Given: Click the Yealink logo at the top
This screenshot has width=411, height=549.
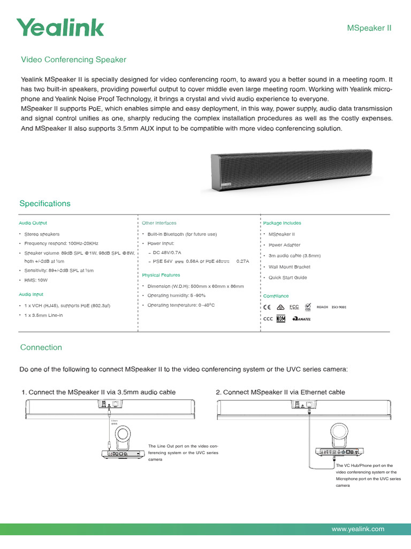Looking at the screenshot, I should (60, 27).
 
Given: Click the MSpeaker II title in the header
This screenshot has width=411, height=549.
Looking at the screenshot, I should (370, 28).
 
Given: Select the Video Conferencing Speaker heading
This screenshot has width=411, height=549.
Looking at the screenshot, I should (73, 60).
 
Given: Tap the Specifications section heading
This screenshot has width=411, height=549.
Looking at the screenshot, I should (45, 204).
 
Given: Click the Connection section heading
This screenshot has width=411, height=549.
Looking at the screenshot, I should (41, 347).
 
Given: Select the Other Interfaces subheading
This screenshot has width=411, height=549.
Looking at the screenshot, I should (159, 222).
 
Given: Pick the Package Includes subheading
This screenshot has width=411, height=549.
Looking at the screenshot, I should (282, 222).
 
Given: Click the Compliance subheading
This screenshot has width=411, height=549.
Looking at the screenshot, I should (276, 296).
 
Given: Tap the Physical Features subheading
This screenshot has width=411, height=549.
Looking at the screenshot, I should (161, 275).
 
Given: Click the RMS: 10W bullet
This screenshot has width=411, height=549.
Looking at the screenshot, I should (35, 280).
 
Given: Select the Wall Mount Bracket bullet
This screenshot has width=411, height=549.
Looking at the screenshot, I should (290, 266).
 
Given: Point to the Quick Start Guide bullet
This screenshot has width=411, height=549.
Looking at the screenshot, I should (288, 278).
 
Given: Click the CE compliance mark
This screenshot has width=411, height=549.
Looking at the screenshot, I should (268, 307).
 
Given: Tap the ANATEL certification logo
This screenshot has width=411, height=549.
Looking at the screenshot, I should (301, 319).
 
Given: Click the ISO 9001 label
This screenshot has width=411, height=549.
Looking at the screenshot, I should (339, 307).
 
